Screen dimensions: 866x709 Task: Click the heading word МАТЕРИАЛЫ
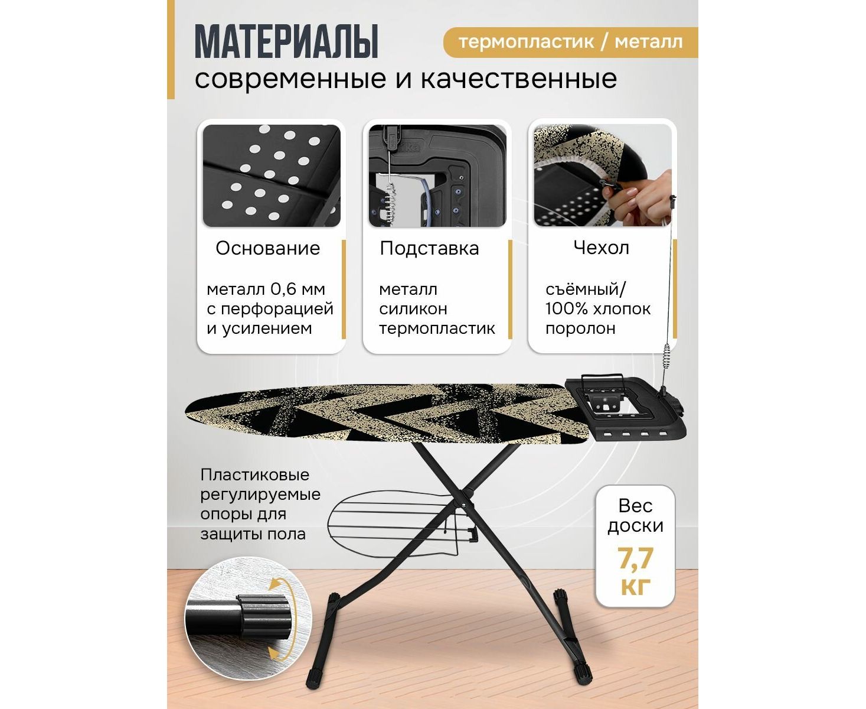pyautogui.click(x=286, y=42)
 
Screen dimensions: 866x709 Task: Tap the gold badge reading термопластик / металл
pyautogui.click(x=570, y=42)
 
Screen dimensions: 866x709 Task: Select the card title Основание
pyautogui.click(x=268, y=248)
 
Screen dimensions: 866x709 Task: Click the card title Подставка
pyautogui.click(x=429, y=248)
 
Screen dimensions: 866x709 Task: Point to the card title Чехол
pyautogui.click(x=601, y=248)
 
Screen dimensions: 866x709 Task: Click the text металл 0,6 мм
pyautogui.click(x=266, y=290)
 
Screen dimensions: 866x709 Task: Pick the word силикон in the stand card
pyautogui.click(x=413, y=309)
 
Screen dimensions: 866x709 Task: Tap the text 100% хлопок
pyautogui.click(x=598, y=308)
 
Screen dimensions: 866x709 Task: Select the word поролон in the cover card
pyautogui.click(x=580, y=329)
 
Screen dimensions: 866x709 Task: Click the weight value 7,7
pyautogui.click(x=636, y=558)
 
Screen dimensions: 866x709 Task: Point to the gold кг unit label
pyautogui.click(x=636, y=586)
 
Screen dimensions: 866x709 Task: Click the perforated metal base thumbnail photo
pyautogui.click(x=272, y=175)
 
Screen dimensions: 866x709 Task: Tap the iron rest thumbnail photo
pyautogui.click(x=437, y=175)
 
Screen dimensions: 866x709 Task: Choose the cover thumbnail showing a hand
pyautogui.click(x=602, y=175)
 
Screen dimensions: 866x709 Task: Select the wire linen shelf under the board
pyautogui.click(x=400, y=522)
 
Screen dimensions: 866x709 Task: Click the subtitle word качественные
pyautogui.click(x=519, y=79)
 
